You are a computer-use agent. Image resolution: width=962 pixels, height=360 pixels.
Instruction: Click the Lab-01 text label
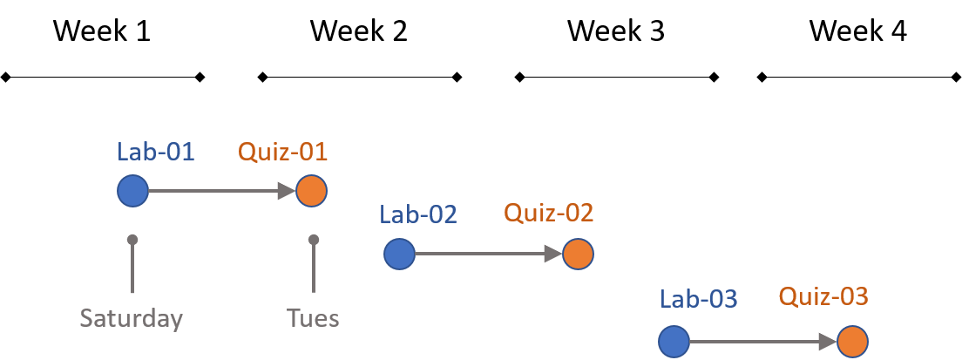tap(156, 152)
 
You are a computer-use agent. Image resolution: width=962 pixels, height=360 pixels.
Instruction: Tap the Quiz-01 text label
tap(283, 152)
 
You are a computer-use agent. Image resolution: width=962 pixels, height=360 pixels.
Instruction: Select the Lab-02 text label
tap(418, 214)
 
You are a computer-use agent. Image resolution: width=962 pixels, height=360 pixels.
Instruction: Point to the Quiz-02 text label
tap(549, 213)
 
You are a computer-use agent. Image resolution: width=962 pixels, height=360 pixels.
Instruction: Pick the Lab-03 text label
tap(699, 299)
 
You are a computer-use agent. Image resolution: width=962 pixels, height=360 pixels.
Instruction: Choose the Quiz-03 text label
tap(823, 297)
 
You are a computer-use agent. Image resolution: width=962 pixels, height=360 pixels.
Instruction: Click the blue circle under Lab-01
tap(133, 191)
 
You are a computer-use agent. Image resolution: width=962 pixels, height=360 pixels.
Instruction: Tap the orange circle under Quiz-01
tap(311, 191)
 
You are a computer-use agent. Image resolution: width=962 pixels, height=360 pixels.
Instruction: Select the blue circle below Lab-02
tap(399, 255)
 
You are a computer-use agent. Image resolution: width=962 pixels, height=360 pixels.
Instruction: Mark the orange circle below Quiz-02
tap(577, 255)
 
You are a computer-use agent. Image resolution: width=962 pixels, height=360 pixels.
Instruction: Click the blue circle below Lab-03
tap(674, 342)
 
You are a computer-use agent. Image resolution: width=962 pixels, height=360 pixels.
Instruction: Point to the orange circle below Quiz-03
tap(852, 342)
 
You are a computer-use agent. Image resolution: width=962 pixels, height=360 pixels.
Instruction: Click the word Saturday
tap(132, 318)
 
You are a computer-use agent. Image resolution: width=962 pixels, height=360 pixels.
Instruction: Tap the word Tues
tap(313, 318)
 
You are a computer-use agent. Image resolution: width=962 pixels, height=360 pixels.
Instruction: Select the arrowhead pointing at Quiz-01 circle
tap(287, 191)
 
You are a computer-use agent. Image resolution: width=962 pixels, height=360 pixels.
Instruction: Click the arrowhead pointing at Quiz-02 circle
tap(552, 255)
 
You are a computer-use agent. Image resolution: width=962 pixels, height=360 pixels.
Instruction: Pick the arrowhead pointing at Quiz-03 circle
tap(828, 342)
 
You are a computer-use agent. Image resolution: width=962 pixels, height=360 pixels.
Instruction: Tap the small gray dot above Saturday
tap(132, 239)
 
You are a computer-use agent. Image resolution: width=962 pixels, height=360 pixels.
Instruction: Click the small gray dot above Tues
tap(314, 239)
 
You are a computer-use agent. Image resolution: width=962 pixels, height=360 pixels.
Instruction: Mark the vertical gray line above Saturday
tap(132, 268)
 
